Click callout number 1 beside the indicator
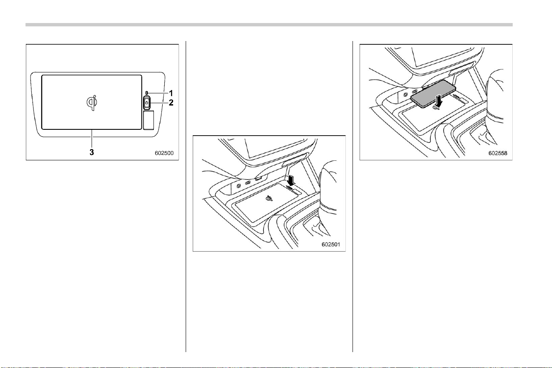(x=171, y=93)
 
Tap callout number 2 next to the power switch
(x=171, y=102)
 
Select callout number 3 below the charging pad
(x=92, y=152)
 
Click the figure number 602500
(x=164, y=153)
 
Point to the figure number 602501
(x=331, y=244)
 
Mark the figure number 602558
(x=498, y=153)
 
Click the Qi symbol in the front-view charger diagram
(x=92, y=103)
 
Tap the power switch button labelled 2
(x=147, y=103)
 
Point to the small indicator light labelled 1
(x=147, y=93)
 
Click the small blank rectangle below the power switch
(x=148, y=120)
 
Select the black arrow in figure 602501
(x=291, y=180)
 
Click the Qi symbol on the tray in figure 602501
(x=269, y=198)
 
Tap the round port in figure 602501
(x=238, y=186)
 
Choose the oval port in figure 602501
(x=248, y=183)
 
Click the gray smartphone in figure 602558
(x=433, y=94)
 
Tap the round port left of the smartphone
(x=405, y=95)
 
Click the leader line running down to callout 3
(x=92, y=139)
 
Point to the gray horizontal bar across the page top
(x=269, y=25)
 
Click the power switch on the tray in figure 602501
(x=289, y=188)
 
